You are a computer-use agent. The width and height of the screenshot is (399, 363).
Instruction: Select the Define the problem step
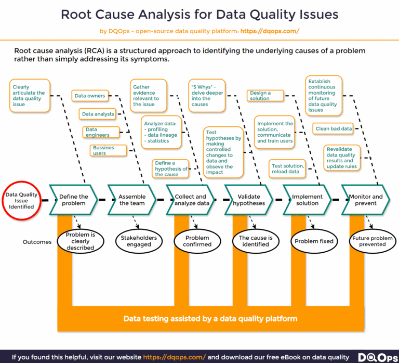click(73, 200)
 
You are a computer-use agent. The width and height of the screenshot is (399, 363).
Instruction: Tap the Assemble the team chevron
click(132, 200)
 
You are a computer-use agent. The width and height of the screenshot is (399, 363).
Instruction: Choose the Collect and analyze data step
click(190, 200)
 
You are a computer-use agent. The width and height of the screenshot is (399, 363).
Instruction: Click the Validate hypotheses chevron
click(249, 200)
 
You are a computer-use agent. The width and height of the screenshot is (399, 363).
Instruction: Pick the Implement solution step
click(307, 200)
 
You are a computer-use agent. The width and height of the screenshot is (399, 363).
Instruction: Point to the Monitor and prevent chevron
click(365, 200)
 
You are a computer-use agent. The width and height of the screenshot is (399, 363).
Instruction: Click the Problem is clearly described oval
click(80, 241)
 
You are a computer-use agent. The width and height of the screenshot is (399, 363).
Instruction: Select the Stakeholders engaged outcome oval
click(139, 241)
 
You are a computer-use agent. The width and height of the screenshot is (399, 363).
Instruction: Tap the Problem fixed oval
click(314, 241)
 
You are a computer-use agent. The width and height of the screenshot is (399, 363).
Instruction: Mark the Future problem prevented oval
click(372, 241)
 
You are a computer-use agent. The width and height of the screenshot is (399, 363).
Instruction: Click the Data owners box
click(90, 96)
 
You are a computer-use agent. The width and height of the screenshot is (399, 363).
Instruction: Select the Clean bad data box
click(334, 128)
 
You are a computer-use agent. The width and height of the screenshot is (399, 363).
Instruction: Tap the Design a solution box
click(266, 96)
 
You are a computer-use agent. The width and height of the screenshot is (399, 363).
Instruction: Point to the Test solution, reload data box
click(287, 168)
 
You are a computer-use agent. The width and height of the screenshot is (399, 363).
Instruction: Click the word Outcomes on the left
click(37, 242)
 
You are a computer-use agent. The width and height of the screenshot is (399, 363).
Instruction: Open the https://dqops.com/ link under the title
click(270, 31)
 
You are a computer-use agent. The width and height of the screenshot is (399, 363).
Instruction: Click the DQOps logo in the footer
click(375, 357)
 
